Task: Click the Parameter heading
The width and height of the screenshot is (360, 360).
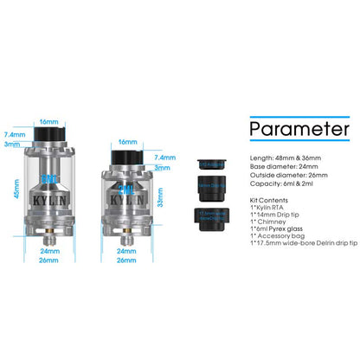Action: pyautogui.click(x=299, y=130)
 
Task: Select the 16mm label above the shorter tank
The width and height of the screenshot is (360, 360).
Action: pyautogui.click(x=127, y=141)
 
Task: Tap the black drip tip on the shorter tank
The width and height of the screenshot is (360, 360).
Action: pyautogui.click(x=127, y=157)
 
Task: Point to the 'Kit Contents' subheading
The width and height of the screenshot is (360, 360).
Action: pyautogui.click(x=267, y=200)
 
